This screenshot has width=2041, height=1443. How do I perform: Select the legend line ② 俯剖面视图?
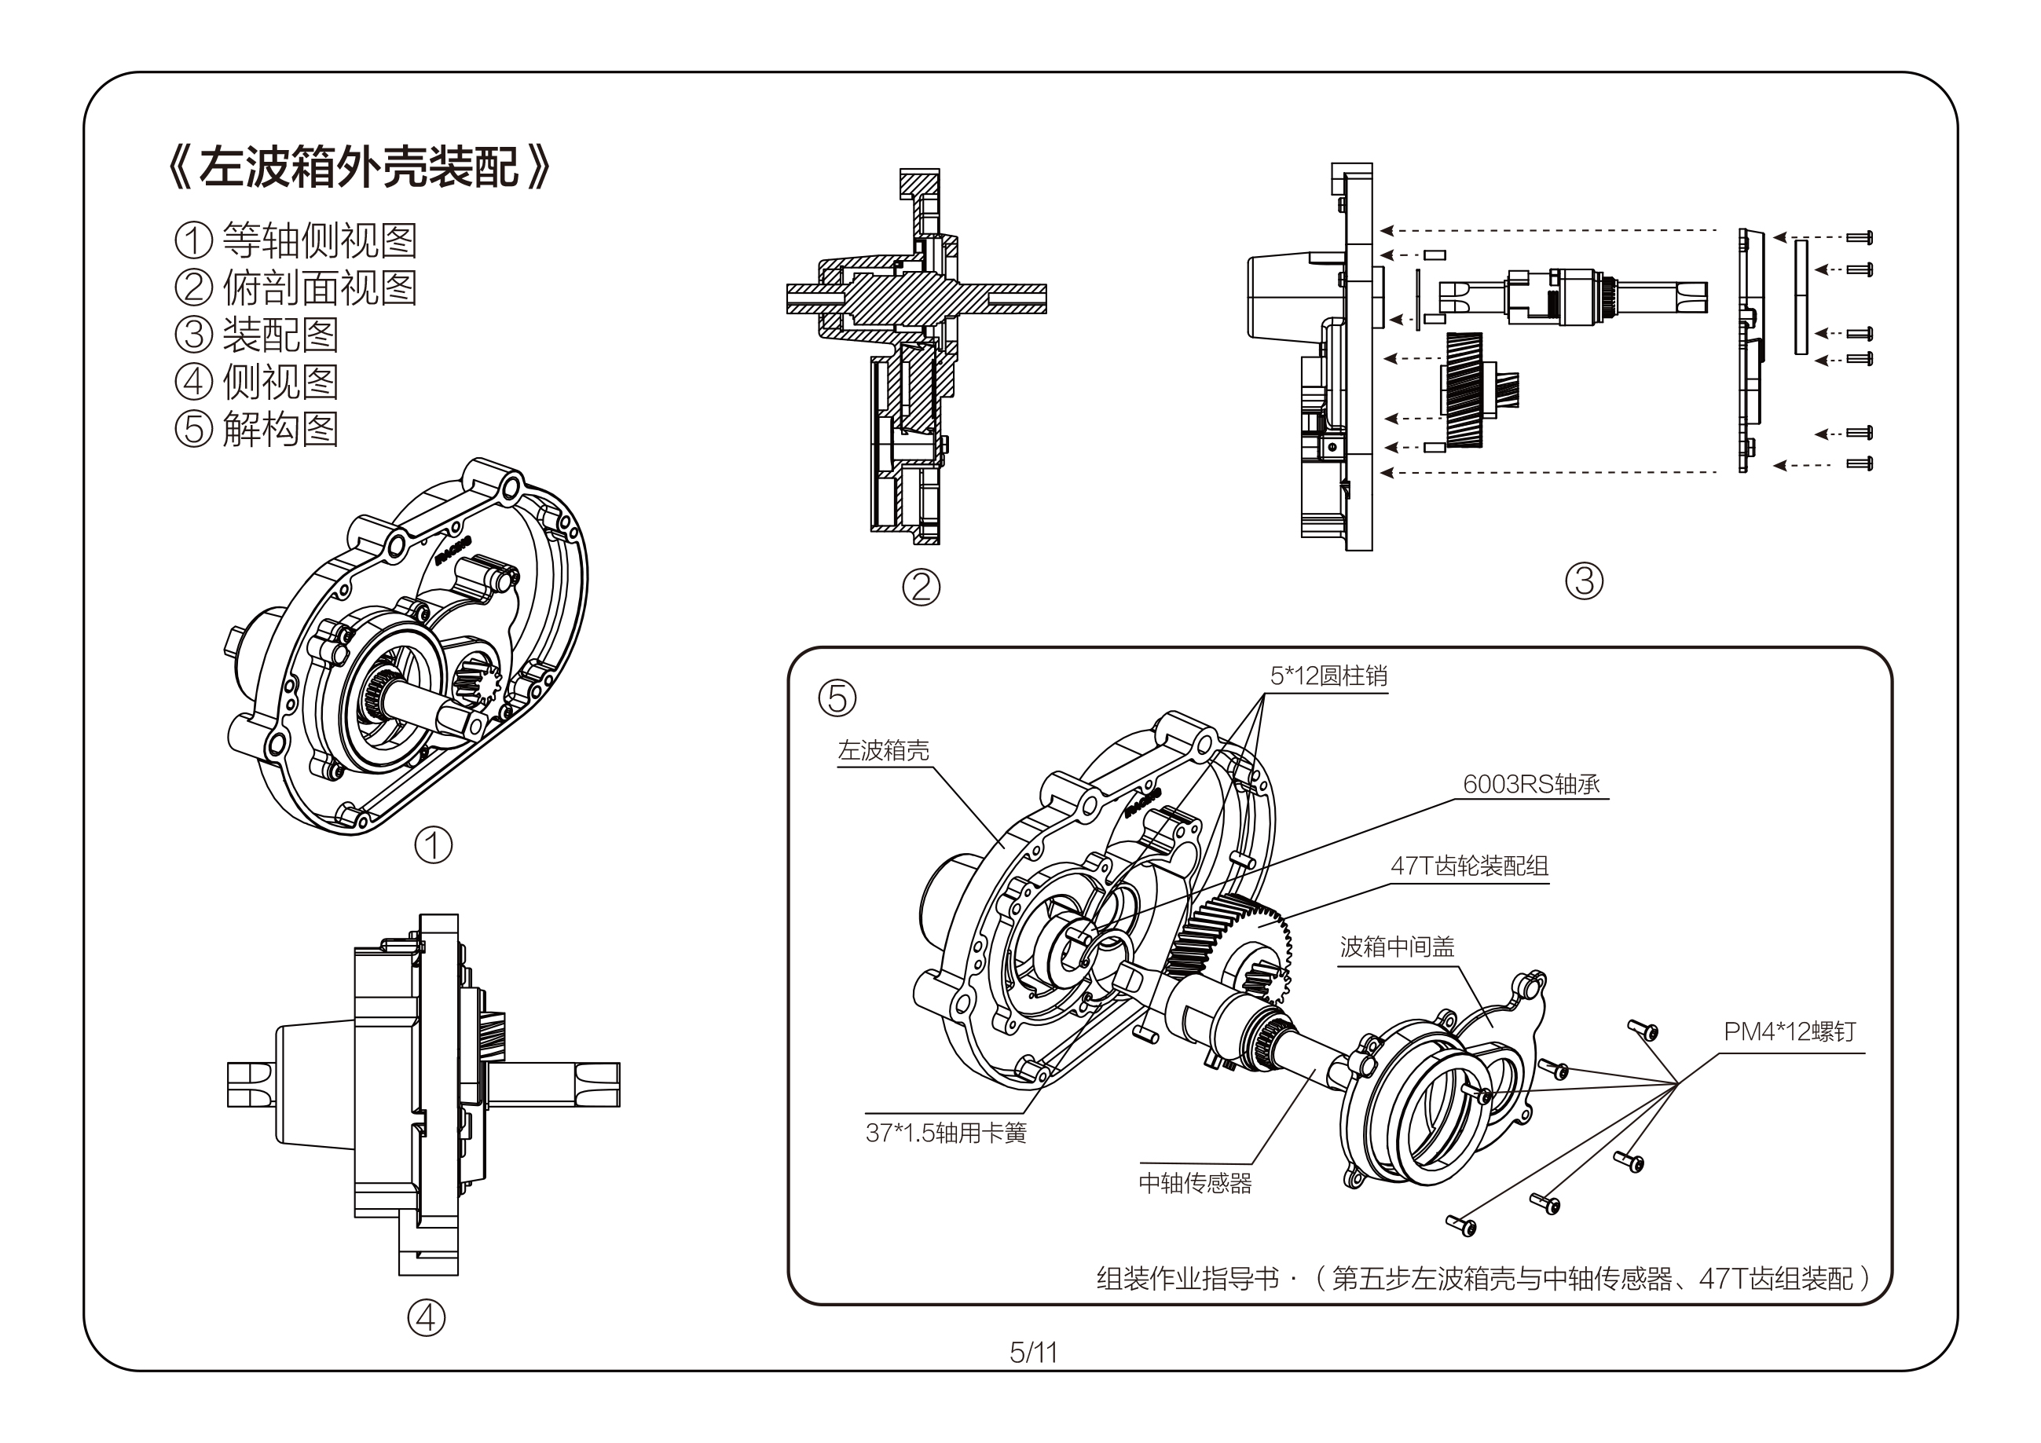pos(296,288)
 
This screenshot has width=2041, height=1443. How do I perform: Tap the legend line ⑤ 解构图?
pos(257,430)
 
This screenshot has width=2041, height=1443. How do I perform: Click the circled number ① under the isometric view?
pos(434,844)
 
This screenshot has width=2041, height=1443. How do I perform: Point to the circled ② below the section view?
pos(921,587)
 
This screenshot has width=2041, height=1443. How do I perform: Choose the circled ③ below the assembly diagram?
pos(1584,580)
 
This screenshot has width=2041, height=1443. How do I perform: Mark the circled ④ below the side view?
pos(426,1317)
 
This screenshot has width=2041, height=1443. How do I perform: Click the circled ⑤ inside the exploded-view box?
pos(837,698)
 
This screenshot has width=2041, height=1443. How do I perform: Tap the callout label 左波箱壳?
pos(884,750)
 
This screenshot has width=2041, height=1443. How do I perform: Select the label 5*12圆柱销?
pos(1328,676)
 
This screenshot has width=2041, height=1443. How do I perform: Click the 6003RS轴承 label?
pos(1530,784)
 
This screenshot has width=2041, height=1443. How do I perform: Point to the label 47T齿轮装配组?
pos(1469,866)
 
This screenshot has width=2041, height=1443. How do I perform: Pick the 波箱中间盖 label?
pos(1398,947)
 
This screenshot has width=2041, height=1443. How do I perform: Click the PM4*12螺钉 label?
pos(1790,1031)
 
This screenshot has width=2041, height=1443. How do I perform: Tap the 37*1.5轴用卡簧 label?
pos(946,1134)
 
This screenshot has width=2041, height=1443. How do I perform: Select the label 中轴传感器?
pos(1195,1183)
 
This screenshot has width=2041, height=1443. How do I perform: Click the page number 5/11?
pos(1033,1353)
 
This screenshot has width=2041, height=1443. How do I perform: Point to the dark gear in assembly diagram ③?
pos(1464,390)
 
